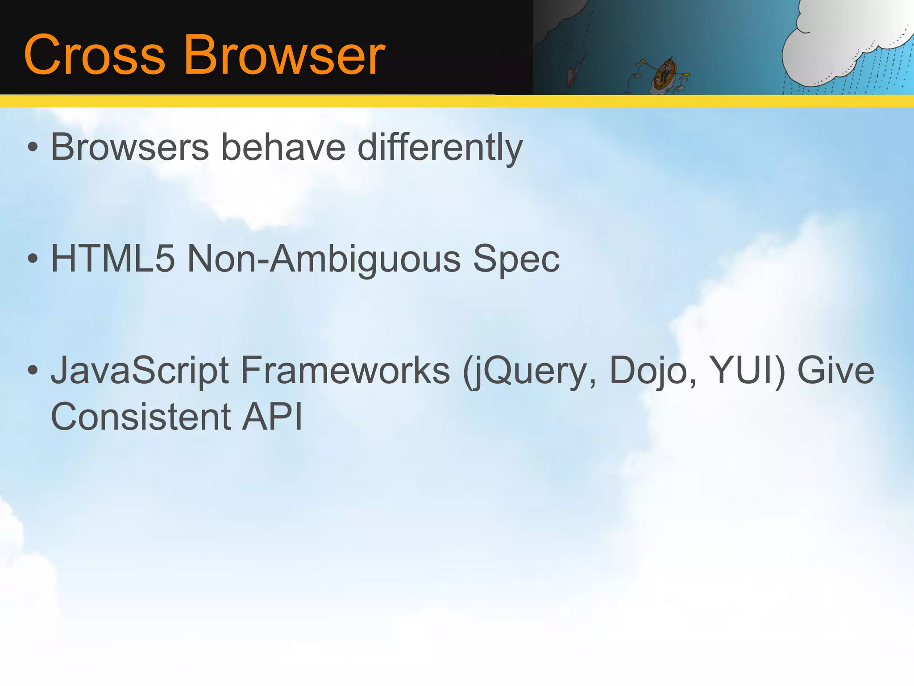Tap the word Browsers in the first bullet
point(130,147)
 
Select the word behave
point(283,147)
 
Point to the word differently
point(440,148)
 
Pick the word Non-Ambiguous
point(324,259)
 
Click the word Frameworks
point(345,370)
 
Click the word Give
point(835,370)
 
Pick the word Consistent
point(141,417)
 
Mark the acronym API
point(272,417)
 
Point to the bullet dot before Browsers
point(33,147)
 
